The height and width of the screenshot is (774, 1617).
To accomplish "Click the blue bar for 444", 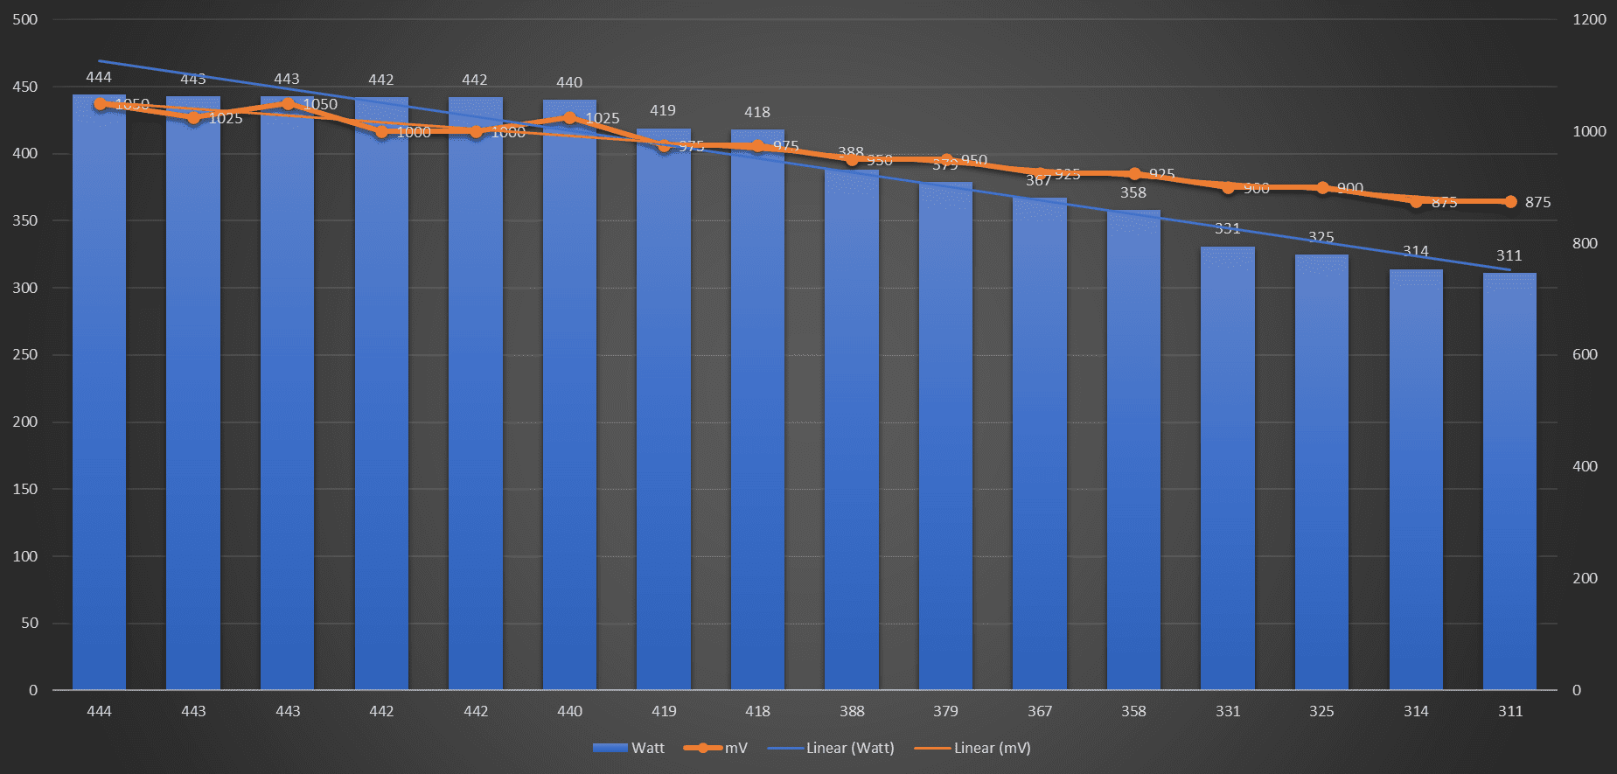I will (99, 394).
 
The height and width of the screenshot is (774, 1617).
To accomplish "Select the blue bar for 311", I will (1509, 481).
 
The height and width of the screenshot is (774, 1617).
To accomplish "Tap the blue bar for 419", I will (663, 411).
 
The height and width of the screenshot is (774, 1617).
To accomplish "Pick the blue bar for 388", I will (851, 429).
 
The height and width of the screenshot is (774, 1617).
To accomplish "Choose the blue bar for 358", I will (1133, 450).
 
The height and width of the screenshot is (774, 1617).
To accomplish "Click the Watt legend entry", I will (629, 748).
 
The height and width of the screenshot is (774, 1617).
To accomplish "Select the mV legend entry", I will (717, 748).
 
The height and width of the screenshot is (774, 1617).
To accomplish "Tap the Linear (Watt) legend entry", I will (832, 748).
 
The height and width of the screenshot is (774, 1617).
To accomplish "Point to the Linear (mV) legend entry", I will (973, 748).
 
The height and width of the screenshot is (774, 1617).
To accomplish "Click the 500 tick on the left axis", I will (25, 19).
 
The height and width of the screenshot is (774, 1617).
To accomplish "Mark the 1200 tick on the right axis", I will (1589, 19).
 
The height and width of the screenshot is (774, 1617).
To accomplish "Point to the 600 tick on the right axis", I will (1585, 354).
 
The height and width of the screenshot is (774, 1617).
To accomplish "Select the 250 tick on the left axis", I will (25, 354).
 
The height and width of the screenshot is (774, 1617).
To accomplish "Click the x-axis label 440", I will (569, 711).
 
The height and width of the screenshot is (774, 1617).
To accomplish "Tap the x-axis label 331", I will (1228, 711).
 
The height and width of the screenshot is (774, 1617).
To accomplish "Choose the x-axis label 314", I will (1416, 711).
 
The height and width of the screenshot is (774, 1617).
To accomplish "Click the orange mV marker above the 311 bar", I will (1510, 202).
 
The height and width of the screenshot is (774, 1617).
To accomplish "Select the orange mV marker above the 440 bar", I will (569, 117).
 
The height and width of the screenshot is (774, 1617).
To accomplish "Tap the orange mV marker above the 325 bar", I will (1322, 188).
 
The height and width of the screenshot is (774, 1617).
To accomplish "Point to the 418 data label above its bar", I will (757, 112).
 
